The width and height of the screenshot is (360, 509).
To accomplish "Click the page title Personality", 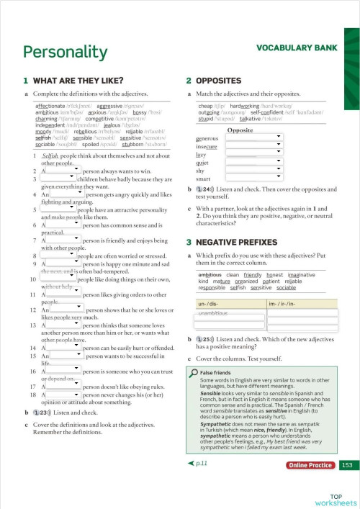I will click(65, 53).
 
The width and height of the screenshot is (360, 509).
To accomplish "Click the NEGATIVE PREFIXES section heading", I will click(238, 243).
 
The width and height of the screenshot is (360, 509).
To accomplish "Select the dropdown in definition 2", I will click(64, 171).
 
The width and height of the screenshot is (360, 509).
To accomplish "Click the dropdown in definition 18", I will click(64, 395).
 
